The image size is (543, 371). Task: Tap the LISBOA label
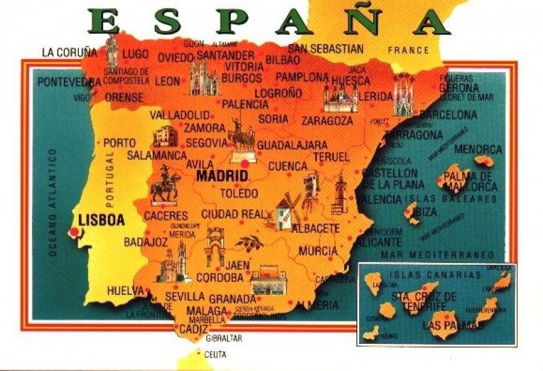coord(102,220)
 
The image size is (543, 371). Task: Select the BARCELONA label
coord(449,115)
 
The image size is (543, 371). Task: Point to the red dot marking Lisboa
coord(74,232)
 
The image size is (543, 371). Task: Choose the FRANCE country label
coord(409,50)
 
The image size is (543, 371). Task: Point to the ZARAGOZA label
coord(327,121)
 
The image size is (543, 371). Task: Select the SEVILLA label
coord(185,297)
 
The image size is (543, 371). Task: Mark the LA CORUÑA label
coord(69,52)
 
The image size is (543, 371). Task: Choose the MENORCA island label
coord(479,149)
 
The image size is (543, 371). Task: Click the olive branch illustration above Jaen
coord(247,243)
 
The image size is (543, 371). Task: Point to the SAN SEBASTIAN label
coord(326,49)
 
